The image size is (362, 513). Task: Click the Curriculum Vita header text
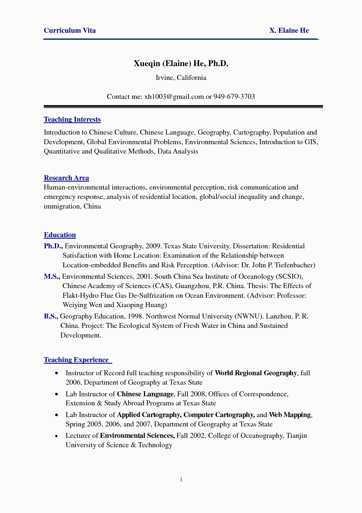tap(69, 31)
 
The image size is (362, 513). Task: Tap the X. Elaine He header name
tap(289, 31)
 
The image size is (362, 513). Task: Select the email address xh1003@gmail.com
tap(174, 97)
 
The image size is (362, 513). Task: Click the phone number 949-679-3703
tap(234, 97)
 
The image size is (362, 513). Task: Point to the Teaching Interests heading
tap(72, 120)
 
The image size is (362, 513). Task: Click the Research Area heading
tap(66, 178)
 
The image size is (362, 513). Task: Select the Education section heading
tap(60, 235)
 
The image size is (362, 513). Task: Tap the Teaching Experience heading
tap(76, 360)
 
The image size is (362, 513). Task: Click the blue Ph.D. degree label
tap(53, 246)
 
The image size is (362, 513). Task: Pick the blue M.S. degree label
tap(52, 277)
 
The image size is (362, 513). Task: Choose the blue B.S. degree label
tap(51, 316)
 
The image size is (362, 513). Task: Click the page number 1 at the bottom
tap(181, 480)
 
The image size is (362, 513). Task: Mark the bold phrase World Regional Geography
tap(256, 373)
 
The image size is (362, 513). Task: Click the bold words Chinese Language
tap(145, 394)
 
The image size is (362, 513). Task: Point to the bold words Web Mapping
tap(290, 415)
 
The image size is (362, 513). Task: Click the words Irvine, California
tap(181, 78)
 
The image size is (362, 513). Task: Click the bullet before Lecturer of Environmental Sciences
tap(57, 436)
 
